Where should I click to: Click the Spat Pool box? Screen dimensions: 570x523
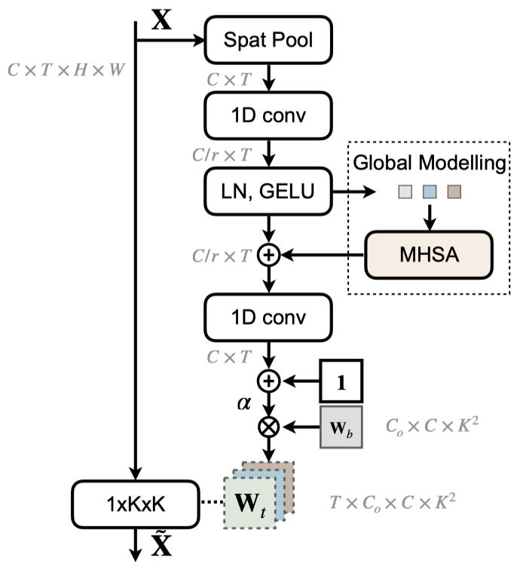click(x=268, y=38)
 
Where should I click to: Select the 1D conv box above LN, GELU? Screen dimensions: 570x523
click(x=268, y=115)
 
